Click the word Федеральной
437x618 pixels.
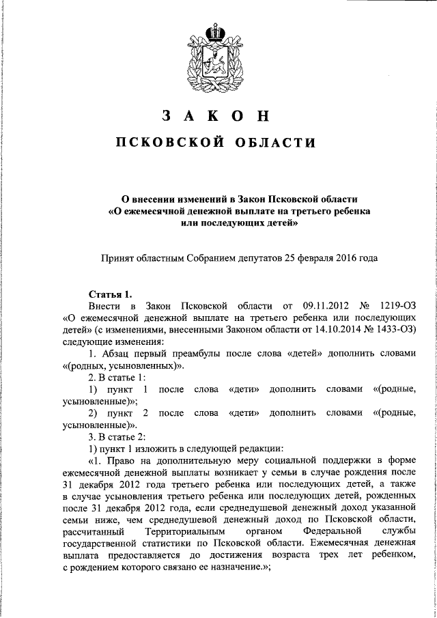[330, 530]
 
